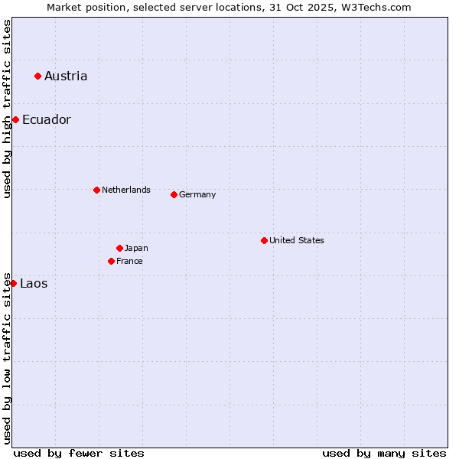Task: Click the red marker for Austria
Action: click(x=37, y=76)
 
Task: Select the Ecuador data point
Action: click(x=15, y=119)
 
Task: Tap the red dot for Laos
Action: click(x=13, y=283)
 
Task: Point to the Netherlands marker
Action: click(x=96, y=190)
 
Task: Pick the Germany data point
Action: click(x=174, y=194)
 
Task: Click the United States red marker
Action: click(x=264, y=240)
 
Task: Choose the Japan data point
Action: click(x=119, y=248)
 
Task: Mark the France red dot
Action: click(x=111, y=261)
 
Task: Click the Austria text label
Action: click(x=66, y=76)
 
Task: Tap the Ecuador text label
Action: click(x=47, y=119)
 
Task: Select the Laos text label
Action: click(x=34, y=283)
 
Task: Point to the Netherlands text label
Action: click(x=126, y=190)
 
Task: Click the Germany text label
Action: click(x=197, y=194)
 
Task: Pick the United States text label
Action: click(x=297, y=240)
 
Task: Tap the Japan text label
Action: click(x=136, y=248)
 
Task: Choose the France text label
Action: click(x=129, y=261)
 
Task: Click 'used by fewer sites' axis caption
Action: click(x=79, y=453)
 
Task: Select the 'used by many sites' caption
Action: click(x=384, y=453)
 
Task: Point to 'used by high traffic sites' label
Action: click(x=7, y=109)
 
